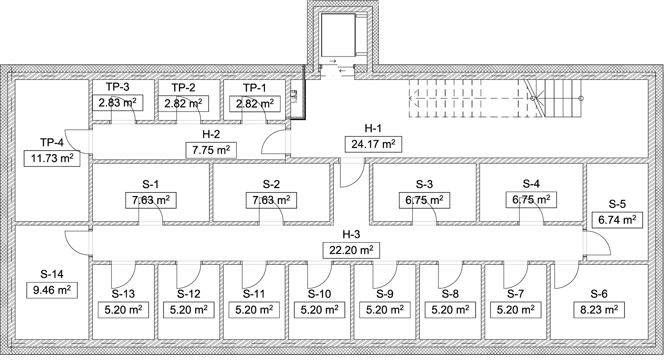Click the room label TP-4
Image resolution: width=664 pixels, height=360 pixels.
[x=52, y=142]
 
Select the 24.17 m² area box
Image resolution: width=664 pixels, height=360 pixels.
[x=373, y=144]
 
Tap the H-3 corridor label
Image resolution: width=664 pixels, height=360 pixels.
[x=351, y=235]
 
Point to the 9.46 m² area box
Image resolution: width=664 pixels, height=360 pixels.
[x=52, y=290]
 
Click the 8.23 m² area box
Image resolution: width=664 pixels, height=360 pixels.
[x=599, y=309]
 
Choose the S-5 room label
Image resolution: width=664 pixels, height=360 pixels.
[x=617, y=204]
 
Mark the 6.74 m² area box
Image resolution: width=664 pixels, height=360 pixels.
[x=617, y=220]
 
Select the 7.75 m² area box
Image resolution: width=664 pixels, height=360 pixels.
[x=211, y=150]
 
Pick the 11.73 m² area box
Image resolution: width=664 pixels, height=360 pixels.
[x=52, y=159]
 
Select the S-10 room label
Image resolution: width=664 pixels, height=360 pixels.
[x=319, y=294]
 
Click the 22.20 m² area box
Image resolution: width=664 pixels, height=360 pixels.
[x=351, y=250]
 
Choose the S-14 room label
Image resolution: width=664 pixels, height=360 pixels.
[x=52, y=274]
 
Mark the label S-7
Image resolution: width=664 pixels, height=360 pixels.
[x=515, y=294]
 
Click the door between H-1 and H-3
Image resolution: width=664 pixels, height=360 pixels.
[x=352, y=174]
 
